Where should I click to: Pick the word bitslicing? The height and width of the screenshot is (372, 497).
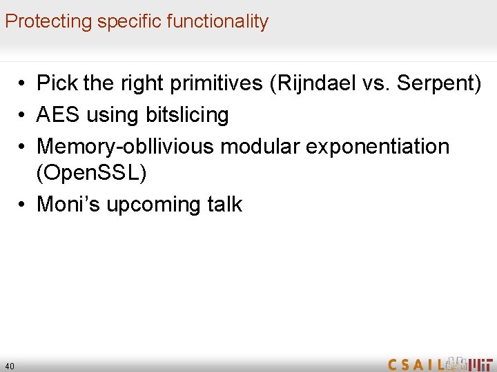pos(187,115)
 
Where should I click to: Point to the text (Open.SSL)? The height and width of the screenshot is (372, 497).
pos(91,174)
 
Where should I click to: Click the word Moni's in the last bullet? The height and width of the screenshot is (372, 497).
pos(66,205)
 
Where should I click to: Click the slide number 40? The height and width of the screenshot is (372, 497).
pos(9,366)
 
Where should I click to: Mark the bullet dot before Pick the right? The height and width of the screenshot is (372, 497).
pos(23,85)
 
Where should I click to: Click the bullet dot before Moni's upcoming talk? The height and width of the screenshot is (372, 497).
pos(23,205)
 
